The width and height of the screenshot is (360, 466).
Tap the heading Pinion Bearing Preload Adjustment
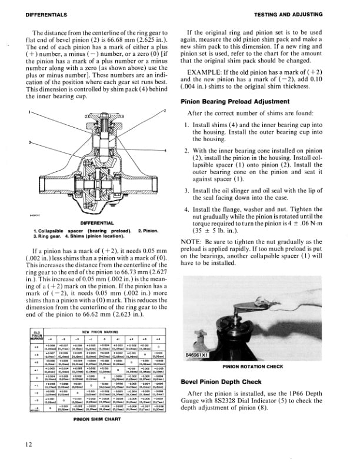point(235,101)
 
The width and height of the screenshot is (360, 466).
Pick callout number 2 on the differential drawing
point(166,111)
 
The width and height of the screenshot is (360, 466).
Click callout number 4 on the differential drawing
point(166,151)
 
